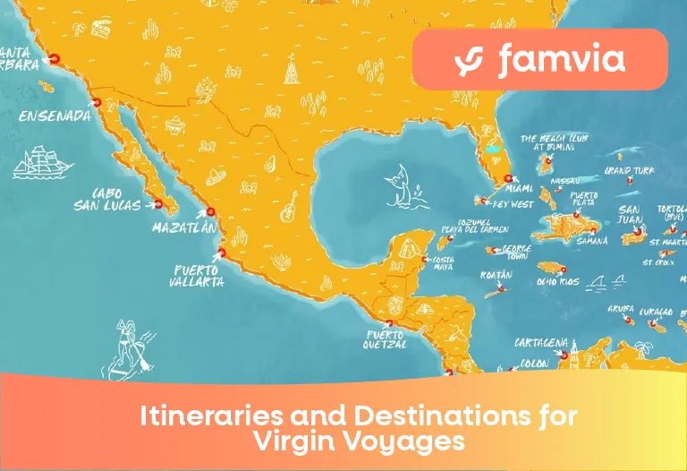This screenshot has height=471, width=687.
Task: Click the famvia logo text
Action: click(x=561, y=60)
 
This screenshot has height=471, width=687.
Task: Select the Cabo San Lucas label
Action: click(x=107, y=199)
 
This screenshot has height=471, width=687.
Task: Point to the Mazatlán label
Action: click(x=184, y=227)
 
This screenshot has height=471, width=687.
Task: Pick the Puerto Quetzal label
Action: click(x=386, y=339)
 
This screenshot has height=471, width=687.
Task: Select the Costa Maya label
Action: click(x=445, y=262)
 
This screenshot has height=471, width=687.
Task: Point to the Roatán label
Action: click(x=496, y=275)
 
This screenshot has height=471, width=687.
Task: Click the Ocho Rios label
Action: click(x=558, y=282)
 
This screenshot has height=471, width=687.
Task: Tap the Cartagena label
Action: click(x=541, y=342)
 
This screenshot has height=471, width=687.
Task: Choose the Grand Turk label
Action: click(x=629, y=170)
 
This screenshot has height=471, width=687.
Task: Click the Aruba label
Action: click(x=620, y=308)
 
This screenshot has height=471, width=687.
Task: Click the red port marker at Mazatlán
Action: click(x=211, y=212)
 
